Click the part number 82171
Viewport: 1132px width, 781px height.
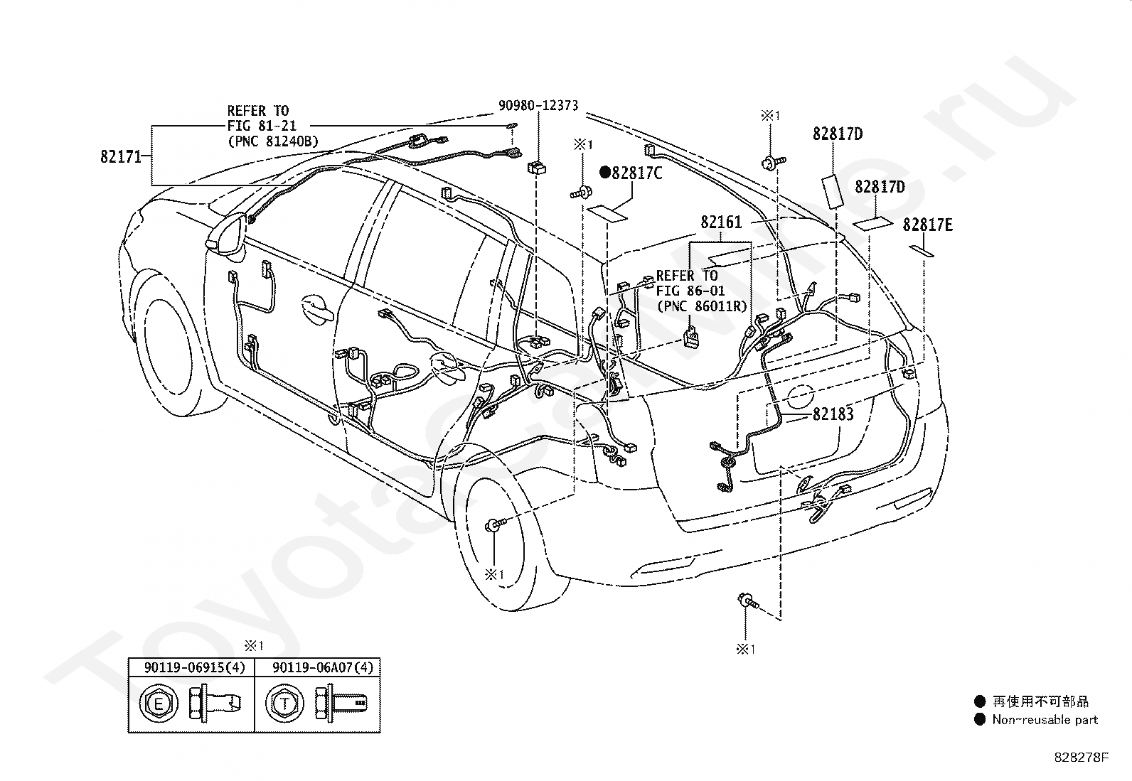[x=121, y=156]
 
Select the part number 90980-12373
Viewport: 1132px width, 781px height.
[x=538, y=106]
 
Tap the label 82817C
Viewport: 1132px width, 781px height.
[x=637, y=173]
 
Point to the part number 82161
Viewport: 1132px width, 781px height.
[x=720, y=222]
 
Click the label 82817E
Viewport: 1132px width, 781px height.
[x=927, y=225]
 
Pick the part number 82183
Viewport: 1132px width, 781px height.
[x=833, y=414]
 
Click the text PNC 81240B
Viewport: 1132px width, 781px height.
[x=273, y=141]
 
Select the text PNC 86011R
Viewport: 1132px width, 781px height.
[x=702, y=306]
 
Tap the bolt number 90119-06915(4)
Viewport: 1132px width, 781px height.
[x=195, y=667]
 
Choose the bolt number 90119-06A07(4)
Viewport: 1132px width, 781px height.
[x=323, y=667]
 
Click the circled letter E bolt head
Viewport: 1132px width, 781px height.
[x=158, y=704]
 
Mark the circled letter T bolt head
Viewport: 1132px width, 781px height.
[x=285, y=704]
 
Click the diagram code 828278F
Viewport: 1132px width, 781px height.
[x=1081, y=758]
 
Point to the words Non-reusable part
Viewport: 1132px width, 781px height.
[x=1045, y=720]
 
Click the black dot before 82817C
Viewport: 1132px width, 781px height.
[x=605, y=173]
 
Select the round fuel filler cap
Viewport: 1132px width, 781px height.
[x=799, y=397]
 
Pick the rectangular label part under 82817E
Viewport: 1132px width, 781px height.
[x=922, y=251]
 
